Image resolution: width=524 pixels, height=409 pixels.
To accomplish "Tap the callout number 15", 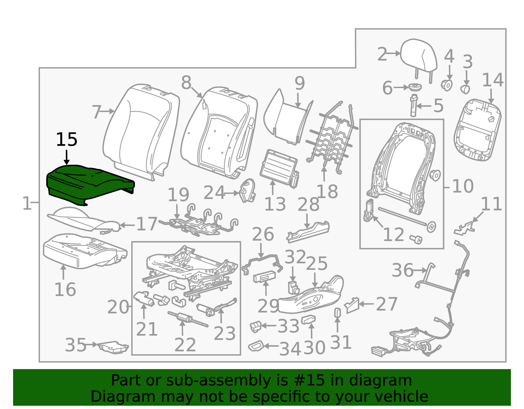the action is pyautogui.click(x=66, y=139).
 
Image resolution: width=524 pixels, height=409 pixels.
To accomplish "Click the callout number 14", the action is pyautogui.click(x=493, y=80).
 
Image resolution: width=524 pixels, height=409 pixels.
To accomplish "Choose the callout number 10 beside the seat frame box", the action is pyautogui.click(x=463, y=186).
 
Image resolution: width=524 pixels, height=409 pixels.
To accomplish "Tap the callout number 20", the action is pyautogui.click(x=118, y=307).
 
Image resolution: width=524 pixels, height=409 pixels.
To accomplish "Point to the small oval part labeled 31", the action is pyautogui.click(x=337, y=313).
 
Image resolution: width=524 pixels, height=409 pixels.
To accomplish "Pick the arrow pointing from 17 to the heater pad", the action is pyautogui.click(x=127, y=225).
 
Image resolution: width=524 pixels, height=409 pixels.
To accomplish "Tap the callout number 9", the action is pyautogui.click(x=300, y=83).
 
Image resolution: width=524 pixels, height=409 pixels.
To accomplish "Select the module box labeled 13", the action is pyautogui.click(x=279, y=168).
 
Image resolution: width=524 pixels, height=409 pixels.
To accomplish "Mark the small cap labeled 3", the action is pyautogui.click(x=465, y=89).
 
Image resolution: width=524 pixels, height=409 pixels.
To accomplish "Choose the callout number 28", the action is pyautogui.click(x=309, y=204).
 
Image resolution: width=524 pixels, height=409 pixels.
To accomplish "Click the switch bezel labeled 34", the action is pyautogui.click(x=256, y=346).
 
